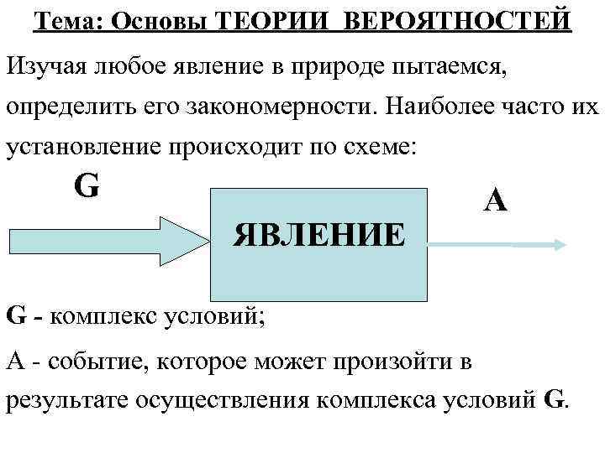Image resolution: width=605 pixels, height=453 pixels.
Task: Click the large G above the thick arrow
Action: tap(87, 185)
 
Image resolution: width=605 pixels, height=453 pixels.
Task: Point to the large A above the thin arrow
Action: tap(496, 200)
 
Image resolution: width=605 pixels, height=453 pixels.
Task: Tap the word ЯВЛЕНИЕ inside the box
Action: tap(319, 234)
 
